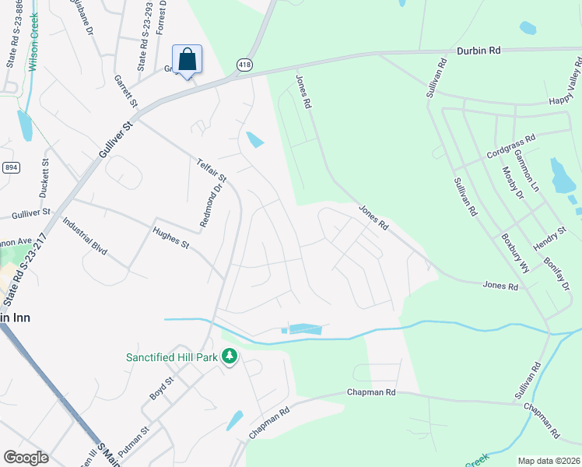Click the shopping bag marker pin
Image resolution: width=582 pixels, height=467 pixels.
click(x=187, y=60)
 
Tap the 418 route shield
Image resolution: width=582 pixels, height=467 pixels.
click(x=246, y=65)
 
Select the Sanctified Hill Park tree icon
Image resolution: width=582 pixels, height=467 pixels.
click(x=229, y=356)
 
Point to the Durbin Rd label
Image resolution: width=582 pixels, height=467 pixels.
click(x=479, y=50)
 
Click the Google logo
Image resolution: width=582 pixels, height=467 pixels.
click(x=26, y=458)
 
